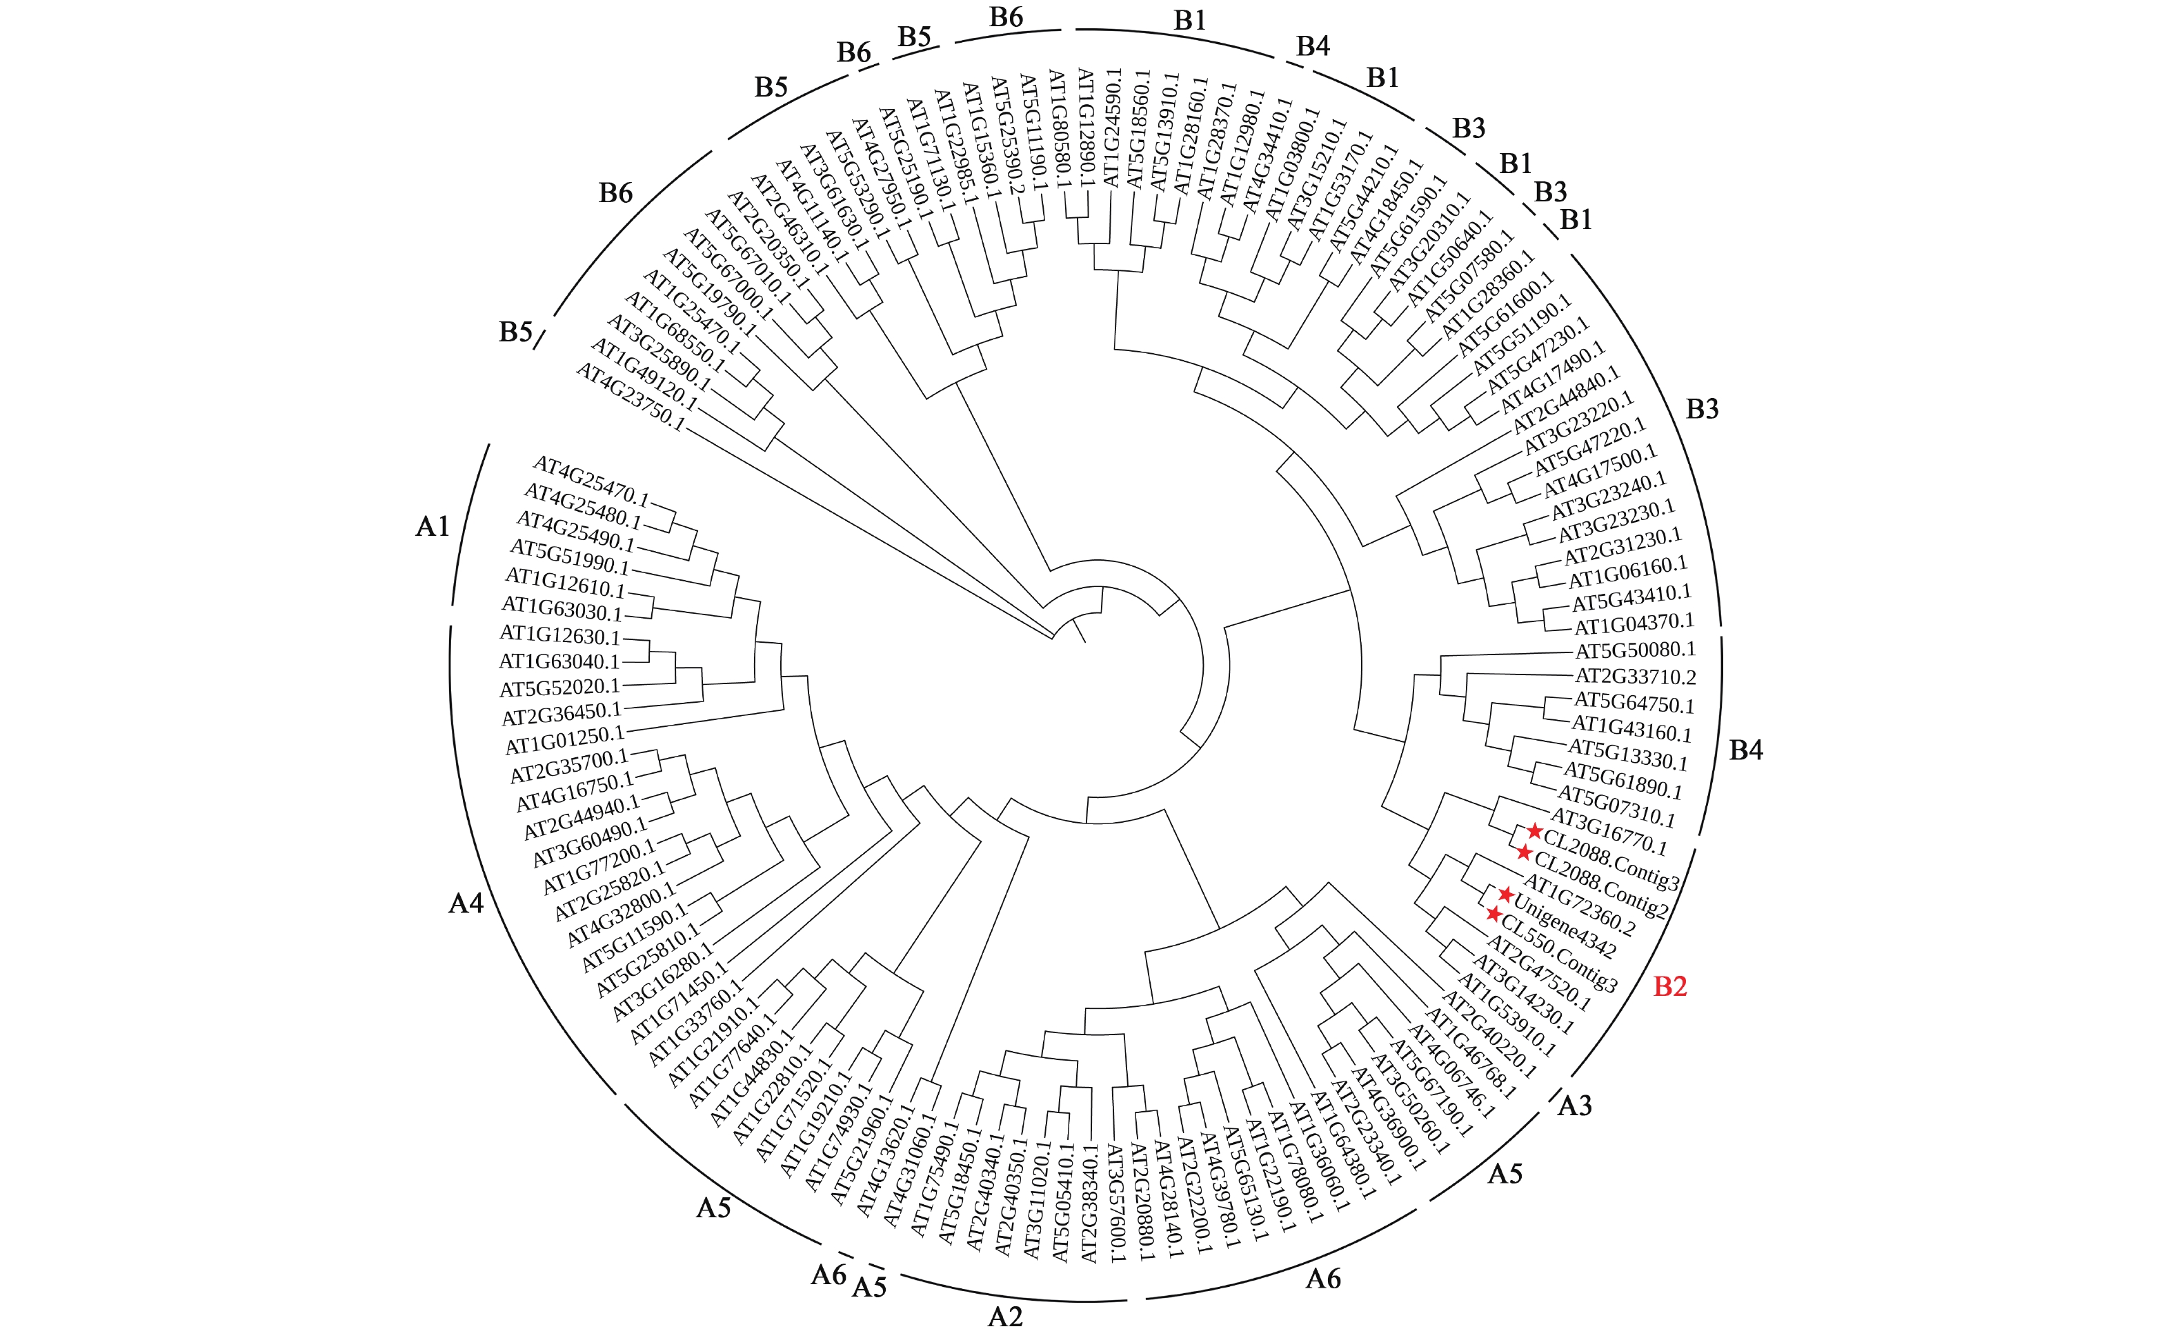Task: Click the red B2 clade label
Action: tap(1669, 986)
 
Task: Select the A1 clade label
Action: tap(432, 526)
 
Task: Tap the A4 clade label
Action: tap(466, 902)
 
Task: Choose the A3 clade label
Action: tap(1574, 1105)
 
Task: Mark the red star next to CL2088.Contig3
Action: tap(1534, 831)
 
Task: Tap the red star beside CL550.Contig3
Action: tap(1493, 914)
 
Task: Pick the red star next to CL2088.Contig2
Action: tap(1524, 852)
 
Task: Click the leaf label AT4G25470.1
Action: tap(591, 481)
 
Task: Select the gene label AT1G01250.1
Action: tap(564, 741)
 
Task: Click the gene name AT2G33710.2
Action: tap(1636, 677)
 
